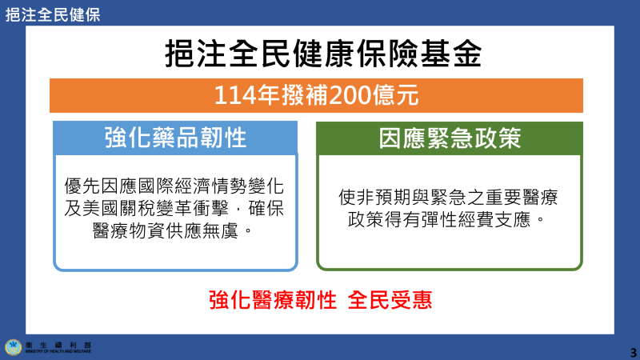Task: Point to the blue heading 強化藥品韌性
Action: coord(175,138)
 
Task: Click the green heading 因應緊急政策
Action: coord(449,138)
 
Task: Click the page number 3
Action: coord(633,352)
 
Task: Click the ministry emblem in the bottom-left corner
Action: coord(13,346)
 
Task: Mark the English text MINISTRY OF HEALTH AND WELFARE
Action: coord(58,351)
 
